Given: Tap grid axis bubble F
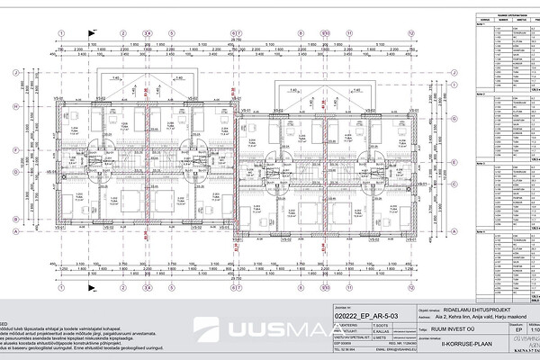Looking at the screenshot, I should (x=17, y=149).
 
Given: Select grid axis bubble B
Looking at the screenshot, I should (x=17, y=218).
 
